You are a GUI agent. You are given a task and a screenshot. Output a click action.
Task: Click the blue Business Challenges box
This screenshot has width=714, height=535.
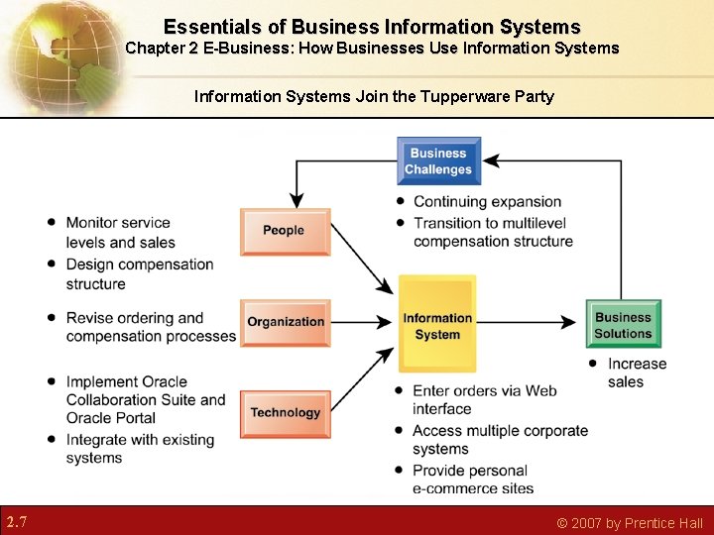click(438, 161)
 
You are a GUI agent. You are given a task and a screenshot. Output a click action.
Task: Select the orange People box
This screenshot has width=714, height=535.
click(285, 231)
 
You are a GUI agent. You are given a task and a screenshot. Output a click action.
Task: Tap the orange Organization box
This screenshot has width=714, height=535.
click(286, 322)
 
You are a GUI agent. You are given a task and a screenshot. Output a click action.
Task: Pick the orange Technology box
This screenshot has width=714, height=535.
click(286, 412)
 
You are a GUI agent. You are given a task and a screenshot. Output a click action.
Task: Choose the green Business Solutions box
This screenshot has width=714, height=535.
click(623, 325)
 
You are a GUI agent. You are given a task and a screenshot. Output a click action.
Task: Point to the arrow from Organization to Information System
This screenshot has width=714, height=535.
click(362, 322)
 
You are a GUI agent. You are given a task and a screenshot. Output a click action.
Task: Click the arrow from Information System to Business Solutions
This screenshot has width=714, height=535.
click(526, 322)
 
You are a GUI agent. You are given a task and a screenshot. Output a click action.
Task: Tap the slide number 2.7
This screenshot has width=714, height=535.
click(16, 521)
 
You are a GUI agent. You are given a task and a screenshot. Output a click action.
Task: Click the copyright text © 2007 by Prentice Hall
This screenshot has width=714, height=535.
click(630, 523)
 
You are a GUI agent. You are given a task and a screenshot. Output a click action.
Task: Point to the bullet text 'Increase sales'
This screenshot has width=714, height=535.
click(636, 373)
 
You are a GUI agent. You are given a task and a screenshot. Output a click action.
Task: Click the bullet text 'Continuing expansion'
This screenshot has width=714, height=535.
click(487, 202)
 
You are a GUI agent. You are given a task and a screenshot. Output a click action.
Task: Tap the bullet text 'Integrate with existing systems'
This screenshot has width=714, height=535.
click(140, 449)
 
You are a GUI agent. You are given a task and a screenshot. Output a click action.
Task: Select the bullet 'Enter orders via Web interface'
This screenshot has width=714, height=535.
click(484, 399)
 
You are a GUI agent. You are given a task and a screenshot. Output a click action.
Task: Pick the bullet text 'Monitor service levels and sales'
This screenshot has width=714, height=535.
click(120, 233)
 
